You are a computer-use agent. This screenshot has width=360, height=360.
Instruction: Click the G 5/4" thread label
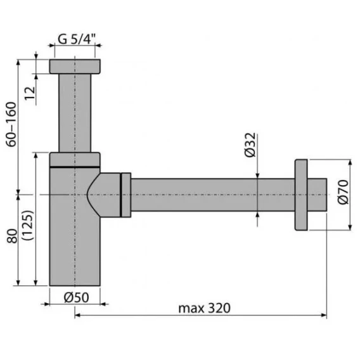tap(77, 39)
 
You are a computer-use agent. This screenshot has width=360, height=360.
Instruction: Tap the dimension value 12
tap(30, 93)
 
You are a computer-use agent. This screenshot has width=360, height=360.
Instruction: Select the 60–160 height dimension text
tap(11, 124)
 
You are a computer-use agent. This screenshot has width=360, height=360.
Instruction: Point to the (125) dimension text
tap(29, 225)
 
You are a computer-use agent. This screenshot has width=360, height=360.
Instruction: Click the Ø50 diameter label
tap(76, 298)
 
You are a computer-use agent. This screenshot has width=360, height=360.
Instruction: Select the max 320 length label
tap(204, 308)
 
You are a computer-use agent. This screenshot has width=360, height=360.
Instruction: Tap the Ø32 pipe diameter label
tap(250, 145)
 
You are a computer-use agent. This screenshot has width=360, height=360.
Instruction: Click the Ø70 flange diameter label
tap(344, 192)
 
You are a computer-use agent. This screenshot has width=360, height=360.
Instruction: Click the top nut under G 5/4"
tap(75, 67)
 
